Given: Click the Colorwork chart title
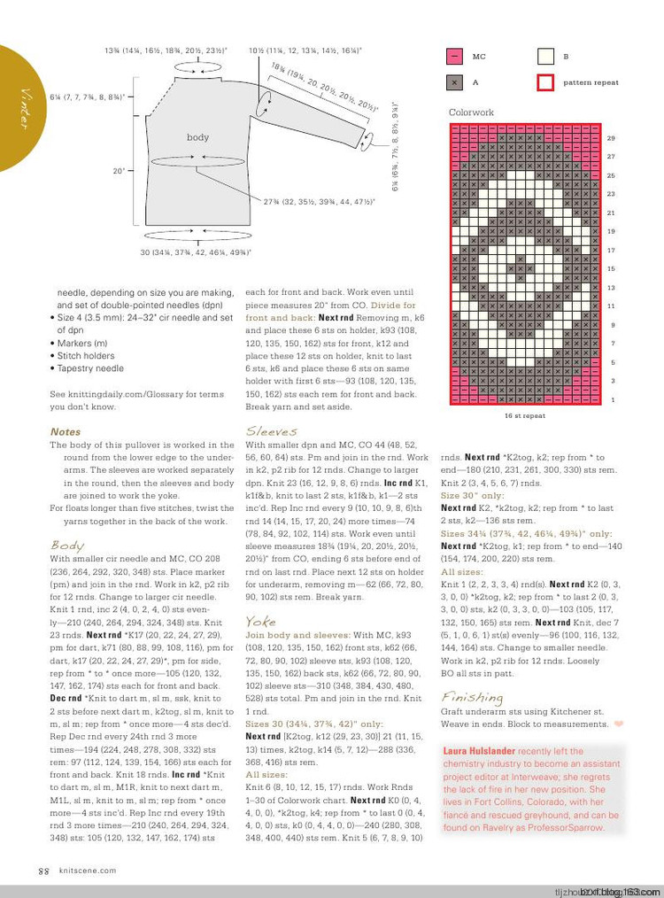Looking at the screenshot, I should click(x=471, y=113).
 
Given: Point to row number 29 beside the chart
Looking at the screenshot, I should click(x=611, y=138).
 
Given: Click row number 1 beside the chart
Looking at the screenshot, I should click(x=611, y=400).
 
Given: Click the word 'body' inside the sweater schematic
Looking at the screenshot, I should click(x=197, y=137).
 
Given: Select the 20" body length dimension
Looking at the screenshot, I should click(x=118, y=171).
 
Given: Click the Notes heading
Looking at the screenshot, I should click(x=66, y=432).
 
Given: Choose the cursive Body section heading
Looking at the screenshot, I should click(x=67, y=546).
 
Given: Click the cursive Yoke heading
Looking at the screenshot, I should click(x=260, y=621).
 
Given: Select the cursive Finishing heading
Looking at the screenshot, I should click(x=466, y=697).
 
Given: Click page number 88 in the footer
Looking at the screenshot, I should click(x=42, y=871).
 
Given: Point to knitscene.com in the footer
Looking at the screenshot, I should click(x=83, y=871).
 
